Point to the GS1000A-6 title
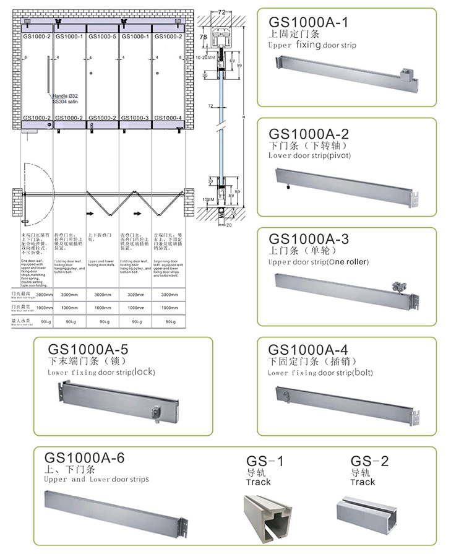[x=85, y=458]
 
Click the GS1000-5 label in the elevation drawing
[x=102, y=37]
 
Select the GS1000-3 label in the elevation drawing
[x=135, y=118]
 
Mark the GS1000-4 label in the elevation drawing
[x=168, y=118]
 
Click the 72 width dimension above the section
[x=220, y=12]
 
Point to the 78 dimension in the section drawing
[x=203, y=38]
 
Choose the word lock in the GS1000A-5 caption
[x=144, y=372]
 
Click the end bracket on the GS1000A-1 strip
[x=406, y=77]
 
